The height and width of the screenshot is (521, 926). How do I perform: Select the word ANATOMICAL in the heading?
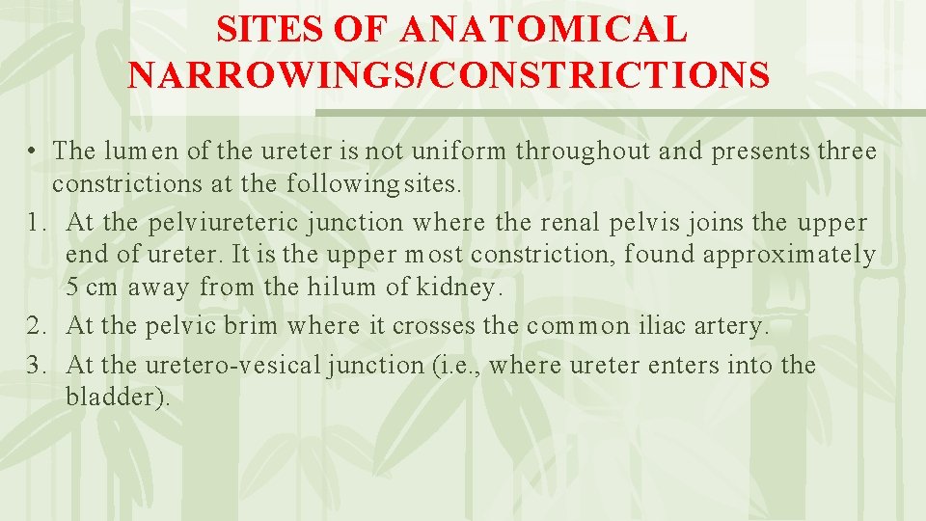543,29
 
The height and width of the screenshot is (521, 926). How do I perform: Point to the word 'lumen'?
135,151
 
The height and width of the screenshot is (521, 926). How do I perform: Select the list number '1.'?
38,223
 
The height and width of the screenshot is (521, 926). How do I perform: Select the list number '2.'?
38,326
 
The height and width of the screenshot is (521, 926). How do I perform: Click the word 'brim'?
249,326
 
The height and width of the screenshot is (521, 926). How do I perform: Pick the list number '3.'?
38,366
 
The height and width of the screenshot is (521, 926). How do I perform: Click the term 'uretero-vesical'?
255,366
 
